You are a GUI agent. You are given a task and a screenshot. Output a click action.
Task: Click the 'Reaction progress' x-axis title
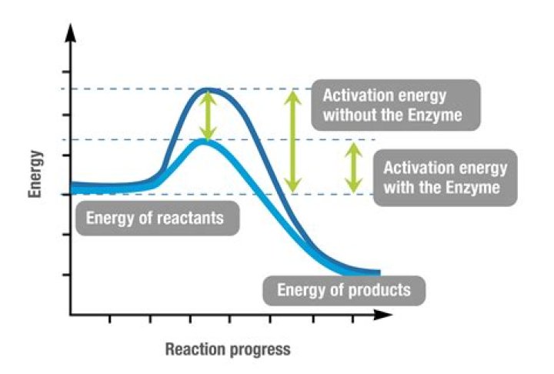pyautogui.click(x=228, y=349)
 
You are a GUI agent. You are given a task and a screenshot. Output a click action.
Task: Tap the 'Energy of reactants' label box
pyautogui.click(x=155, y=218)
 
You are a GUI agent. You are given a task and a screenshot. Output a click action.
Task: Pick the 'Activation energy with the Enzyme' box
pyautogui.click(x=445, y=177)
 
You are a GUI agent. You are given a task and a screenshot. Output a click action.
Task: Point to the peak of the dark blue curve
pyautogui.click(x=206, y=91)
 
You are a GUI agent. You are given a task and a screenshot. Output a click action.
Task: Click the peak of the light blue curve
pyautogui.click(x=205, y=141)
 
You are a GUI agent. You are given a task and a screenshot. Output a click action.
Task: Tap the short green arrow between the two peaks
pyautogui.click(x=205, y=115)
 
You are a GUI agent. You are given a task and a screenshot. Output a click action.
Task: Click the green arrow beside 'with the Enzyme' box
pyautogui.click(x=353, y=167)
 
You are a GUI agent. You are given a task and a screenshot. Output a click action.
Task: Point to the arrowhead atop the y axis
pyautogui.click(x=71, y=31)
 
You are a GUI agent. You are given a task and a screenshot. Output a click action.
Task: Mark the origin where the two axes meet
pyautogui.click(x=71, y=315)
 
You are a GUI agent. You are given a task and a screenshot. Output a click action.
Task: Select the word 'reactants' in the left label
pyautogui.click(x=191, y=218)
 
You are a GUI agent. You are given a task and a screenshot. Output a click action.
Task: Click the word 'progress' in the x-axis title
pyautogui.click(x=262, y=349)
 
